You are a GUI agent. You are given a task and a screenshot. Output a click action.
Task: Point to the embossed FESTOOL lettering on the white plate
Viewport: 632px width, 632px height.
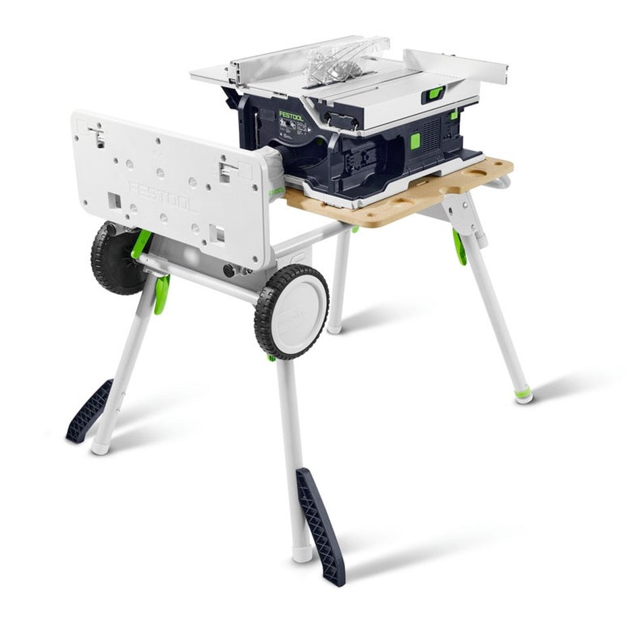162,195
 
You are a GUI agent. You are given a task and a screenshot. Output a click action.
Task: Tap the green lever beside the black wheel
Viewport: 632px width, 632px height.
141,243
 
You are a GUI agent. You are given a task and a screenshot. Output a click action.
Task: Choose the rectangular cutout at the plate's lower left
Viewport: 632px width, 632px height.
113,201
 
